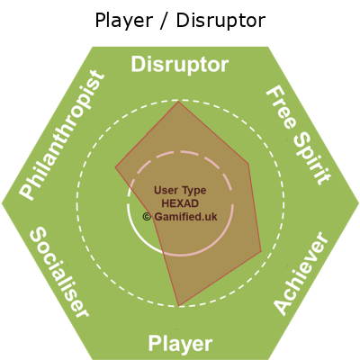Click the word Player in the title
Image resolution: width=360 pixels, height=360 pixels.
(123, 22)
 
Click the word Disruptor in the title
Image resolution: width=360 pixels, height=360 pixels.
(220, 21)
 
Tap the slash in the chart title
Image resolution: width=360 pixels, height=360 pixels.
(164, 21)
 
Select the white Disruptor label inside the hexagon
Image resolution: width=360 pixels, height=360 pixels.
(180, 65)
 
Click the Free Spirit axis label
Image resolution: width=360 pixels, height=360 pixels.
(299, 136)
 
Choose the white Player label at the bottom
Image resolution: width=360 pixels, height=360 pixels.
(180, 344)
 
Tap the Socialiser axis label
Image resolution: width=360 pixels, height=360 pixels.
(58, 272)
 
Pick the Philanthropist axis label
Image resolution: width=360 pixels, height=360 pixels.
(62, 135)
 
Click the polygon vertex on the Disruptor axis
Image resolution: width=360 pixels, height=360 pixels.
(178, 102)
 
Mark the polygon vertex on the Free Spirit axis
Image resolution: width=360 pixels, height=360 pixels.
(248, 164)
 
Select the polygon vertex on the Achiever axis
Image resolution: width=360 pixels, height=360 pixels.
(261, 251)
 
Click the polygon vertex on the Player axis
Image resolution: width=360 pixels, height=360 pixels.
(179, 306)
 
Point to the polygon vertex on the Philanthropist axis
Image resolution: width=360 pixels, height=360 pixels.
(115, 166)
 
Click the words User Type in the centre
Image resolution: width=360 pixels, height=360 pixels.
(180, 191)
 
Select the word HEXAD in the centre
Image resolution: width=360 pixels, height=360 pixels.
(180, 203)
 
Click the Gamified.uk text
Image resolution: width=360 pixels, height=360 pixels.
(185, 217)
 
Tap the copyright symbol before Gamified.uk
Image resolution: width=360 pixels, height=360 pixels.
(147, 217)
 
